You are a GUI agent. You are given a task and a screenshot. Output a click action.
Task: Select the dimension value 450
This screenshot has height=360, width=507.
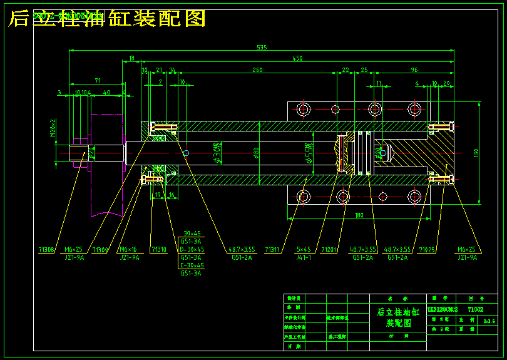click(x=297, y=58)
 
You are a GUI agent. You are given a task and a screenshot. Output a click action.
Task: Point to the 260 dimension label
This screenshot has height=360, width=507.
click(x=257, y=70)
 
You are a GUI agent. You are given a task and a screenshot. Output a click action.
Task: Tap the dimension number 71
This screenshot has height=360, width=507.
click(x=98, y=81)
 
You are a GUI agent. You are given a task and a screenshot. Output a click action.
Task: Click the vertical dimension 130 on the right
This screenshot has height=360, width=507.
click(x=476, y=152)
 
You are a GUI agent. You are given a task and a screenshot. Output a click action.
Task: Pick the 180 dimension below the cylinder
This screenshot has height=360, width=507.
click(x=359, y=215)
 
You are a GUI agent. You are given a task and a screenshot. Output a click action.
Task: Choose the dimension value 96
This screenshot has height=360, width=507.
click(x=414, y=70)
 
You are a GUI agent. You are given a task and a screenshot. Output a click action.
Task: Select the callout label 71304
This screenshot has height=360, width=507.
click(x=100, y=249)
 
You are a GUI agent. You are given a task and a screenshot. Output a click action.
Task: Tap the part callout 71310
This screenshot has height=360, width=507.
click(x=158, y=249)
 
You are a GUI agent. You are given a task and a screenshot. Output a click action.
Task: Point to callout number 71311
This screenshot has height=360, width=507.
click(x=272, y=249)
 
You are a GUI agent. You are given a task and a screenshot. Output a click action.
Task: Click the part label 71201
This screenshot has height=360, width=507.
click(x=329, y=249)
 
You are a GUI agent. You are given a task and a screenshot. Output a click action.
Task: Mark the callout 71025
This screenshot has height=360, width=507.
click(x=427, y=249)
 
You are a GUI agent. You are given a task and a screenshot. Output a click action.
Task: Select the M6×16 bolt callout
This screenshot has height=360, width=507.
click(x=128, y=249)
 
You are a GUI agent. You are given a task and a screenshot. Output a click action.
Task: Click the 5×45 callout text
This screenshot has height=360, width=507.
click(x=303, y=249)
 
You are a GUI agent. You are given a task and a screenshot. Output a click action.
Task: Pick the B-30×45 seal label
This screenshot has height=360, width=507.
click(x=192, y=249)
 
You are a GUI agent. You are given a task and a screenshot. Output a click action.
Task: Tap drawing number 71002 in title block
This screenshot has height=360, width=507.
click(x=475, y=309)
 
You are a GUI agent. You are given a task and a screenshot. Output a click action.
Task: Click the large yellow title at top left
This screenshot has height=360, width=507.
click(x=107, y=18)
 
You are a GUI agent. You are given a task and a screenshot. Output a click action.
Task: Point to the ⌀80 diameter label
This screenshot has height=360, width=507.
click(x=256, y=152)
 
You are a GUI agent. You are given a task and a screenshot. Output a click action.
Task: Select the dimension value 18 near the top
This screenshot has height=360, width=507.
click(x=131, y=58)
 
